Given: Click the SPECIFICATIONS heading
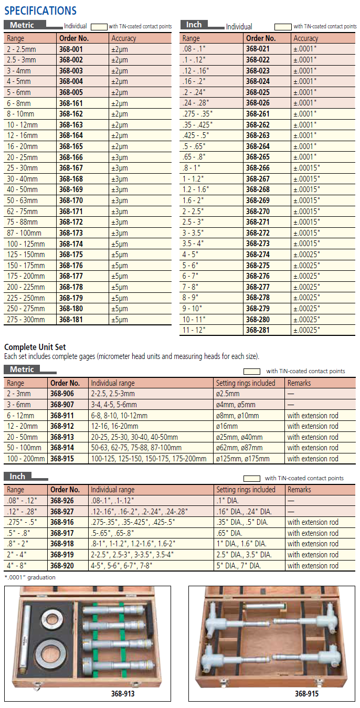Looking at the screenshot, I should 40,10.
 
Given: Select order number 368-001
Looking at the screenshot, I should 71,49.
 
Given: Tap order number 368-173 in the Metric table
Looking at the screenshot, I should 71,233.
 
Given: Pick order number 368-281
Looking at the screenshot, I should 258,330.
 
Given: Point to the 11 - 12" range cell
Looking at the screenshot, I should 194,330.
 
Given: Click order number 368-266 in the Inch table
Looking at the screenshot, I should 258,168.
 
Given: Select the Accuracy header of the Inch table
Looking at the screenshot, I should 306,38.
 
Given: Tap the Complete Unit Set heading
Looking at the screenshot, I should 35,347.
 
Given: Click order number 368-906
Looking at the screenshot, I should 62,394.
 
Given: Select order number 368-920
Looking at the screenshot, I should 62,566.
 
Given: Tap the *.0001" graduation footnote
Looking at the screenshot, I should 30,577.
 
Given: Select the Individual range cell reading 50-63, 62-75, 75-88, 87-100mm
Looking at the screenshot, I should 136,448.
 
